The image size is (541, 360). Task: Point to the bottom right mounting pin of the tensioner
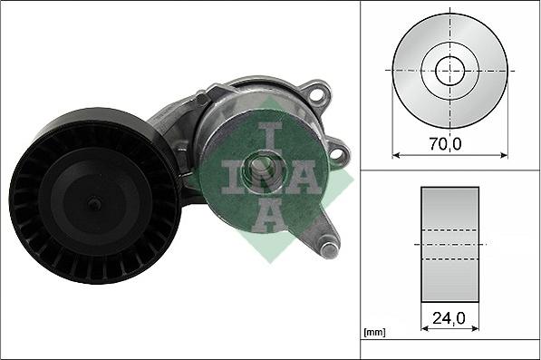coord(328,242)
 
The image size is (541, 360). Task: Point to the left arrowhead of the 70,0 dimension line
coord(396,153)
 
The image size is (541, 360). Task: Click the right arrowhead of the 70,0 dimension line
coord(504,153)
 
